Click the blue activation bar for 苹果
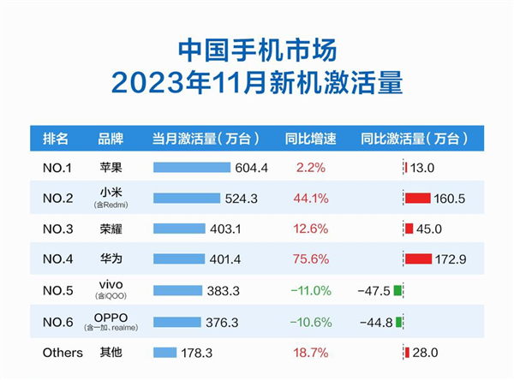(192, 168)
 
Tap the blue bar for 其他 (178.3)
(164, 353)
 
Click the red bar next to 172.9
(418, 259)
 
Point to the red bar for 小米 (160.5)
(417, 199)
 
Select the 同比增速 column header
(310, 138)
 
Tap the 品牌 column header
(111, 138)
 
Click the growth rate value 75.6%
(310, 259)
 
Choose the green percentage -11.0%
(310, 291)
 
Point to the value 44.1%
(310, 199)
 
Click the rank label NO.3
(60, 229)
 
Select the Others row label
(63, 353)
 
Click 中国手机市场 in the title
(257, 48)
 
